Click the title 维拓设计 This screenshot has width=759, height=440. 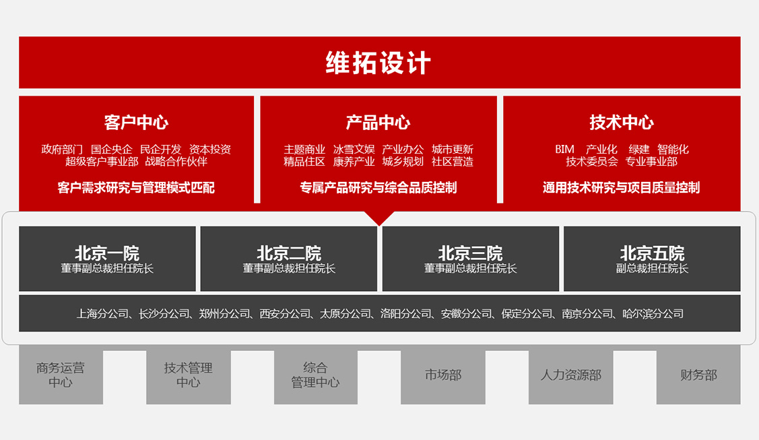(378, 63)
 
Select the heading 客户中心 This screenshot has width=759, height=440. (136, 123)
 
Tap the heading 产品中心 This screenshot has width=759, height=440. (378, 123)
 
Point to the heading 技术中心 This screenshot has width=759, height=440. (622, 123)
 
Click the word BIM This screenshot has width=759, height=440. (564, 149)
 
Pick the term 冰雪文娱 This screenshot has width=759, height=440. (354, 149)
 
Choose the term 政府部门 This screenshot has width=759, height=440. (62, 149)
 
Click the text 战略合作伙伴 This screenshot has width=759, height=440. (176, 162)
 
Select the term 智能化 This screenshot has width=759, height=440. (673, 149)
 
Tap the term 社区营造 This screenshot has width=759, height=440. (453, 162)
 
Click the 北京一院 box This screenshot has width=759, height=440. (108, 259)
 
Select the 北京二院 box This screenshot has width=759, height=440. (289, 259)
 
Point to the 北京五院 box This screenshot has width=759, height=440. (652, 259)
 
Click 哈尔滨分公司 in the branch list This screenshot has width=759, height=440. (653, 314)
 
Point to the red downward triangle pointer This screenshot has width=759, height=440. (379, 218)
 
